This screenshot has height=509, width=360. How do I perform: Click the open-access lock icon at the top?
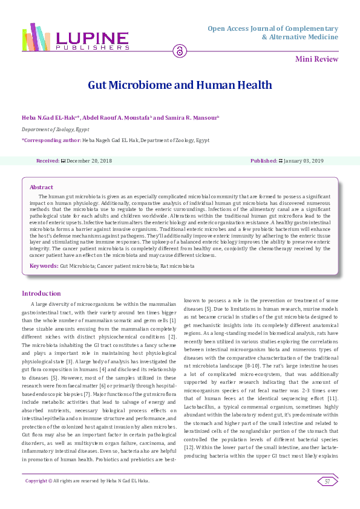point(180,51)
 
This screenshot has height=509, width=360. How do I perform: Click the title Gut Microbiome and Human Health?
point(180,85)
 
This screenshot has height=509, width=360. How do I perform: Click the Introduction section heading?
point(42,294)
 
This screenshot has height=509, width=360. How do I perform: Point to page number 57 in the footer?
point(327,481)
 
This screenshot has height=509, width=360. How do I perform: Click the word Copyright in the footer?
point(36,481)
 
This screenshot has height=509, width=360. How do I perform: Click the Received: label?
point(48,161)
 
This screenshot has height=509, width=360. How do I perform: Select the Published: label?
point(263,161)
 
